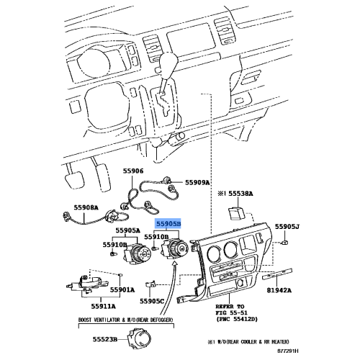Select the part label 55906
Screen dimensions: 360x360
point(133,171)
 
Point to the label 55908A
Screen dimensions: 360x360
point(86,207)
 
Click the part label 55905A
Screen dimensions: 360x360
point(127,231)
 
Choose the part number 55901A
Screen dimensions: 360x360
point(122,290)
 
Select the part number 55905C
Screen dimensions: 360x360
point(152,301)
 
